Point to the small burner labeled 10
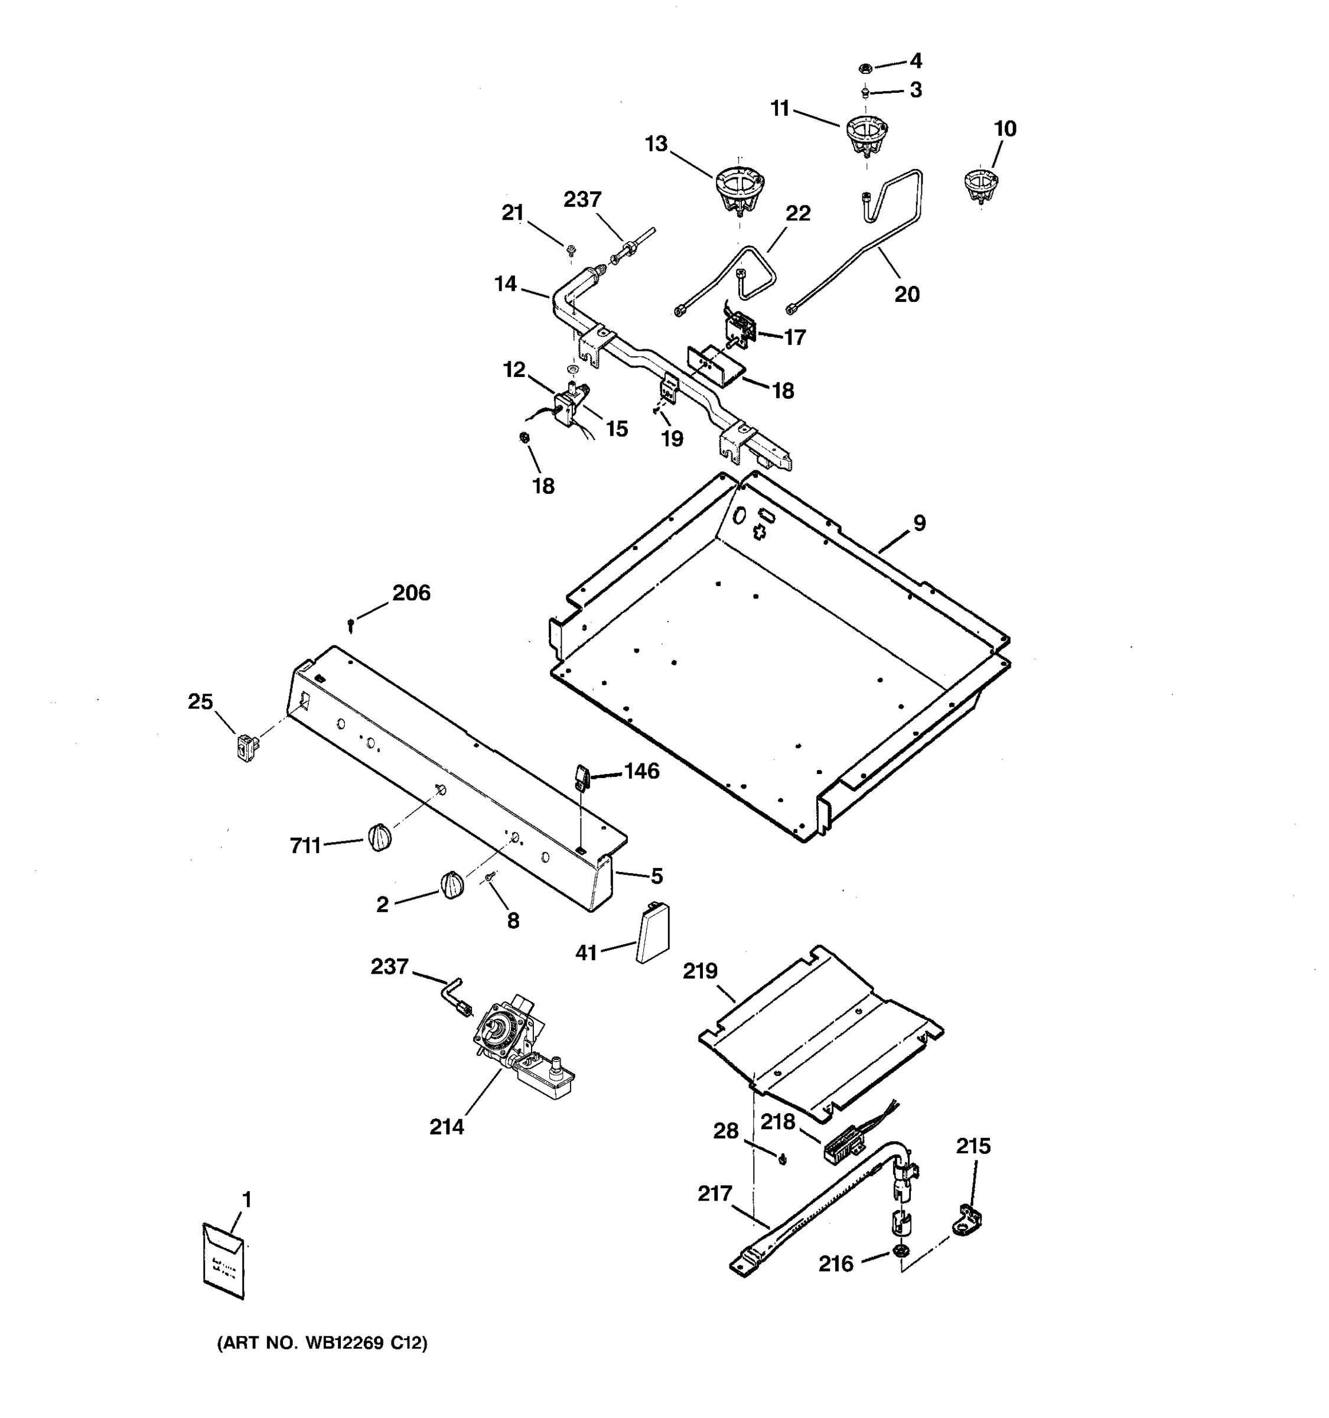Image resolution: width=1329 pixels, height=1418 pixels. pos(981,186)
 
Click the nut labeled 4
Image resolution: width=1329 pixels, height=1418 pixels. pos(864,69)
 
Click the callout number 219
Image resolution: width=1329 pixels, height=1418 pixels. pos(699,971)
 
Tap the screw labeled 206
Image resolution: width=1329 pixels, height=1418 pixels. pos(351,625)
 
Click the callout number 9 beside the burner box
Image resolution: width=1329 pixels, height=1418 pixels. pos(919,523)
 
